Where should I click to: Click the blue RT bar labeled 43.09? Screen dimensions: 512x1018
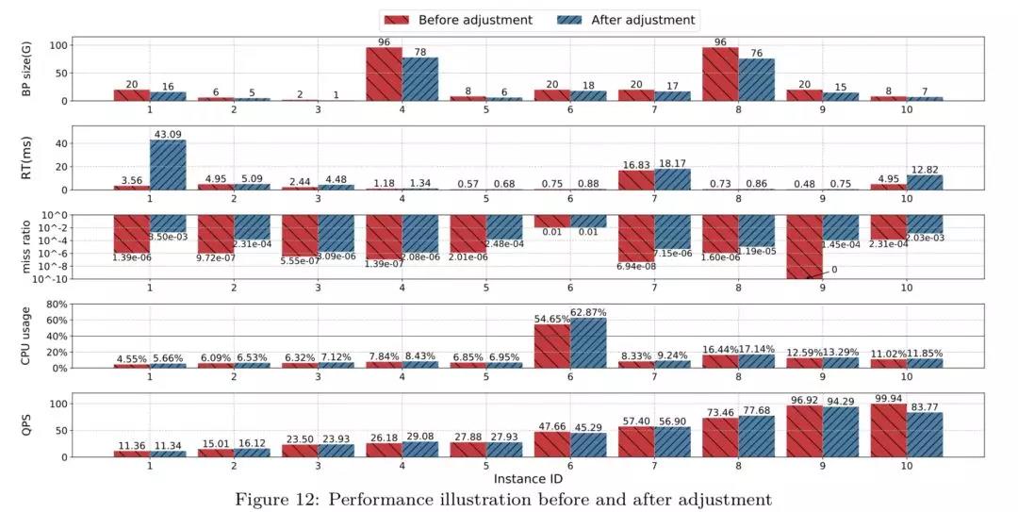tap(168, 166)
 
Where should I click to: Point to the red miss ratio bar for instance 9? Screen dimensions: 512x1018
tap(804, 246)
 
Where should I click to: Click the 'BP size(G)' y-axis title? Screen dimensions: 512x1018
tap(26, 68)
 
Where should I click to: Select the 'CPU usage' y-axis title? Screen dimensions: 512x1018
tap(26, 337)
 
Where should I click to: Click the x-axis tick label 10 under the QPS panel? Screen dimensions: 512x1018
tap(906, 465)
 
